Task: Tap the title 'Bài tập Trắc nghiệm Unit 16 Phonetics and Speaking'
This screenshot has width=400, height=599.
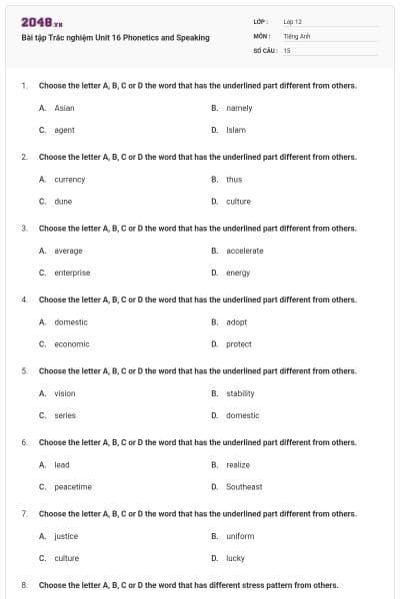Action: pyautogui.click(x=115, y=38)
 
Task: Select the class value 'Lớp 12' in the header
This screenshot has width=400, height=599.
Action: pyautogui.click(x=293, y=21)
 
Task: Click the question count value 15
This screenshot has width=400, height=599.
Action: pyautogui.click(x=287, y=50)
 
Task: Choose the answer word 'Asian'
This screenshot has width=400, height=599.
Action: pyautogui.click(x=64, y=108)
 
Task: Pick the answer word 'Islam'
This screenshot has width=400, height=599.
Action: pyautogui.click(x=236, y=130)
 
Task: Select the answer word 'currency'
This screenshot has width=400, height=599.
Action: pyautogui.click(x=70, y=180)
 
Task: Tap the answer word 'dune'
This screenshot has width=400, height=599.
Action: pyautogui.click(x=63, y=201)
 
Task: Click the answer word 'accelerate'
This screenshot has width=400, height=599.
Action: pyautogui.click(x=245, y=251)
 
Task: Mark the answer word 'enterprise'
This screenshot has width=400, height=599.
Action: pyautogui.click(x=72, y=273)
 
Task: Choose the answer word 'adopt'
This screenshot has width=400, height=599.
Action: pyautogui.click(x=237, y=322)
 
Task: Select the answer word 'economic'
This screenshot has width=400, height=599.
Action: pyautogui.click(x=72, y=344)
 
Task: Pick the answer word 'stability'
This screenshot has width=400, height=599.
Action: pyautogui.click(x=241, y=393)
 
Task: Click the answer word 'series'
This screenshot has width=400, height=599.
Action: pyautogui.click(x=65, y=415)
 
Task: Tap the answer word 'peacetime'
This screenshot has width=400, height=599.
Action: pyautogui.click(x=73, y=487)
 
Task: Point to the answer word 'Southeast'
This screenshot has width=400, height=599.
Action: pyautogui.click(x=244, y=487)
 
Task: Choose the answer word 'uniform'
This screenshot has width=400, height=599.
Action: pyautogui.click(x=240, y=536)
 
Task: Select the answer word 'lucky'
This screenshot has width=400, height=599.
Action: pyautogui.click(x=236, y=558)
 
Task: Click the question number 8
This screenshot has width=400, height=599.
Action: pyautogui.click(x=24, y=584)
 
